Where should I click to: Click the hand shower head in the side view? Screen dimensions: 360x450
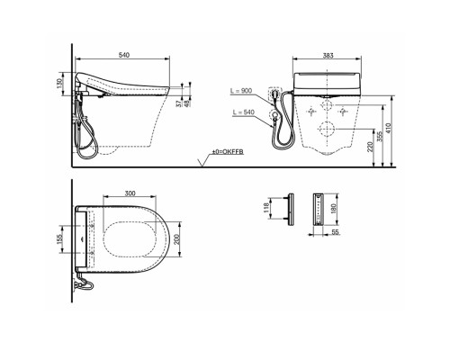click(88, 127)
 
